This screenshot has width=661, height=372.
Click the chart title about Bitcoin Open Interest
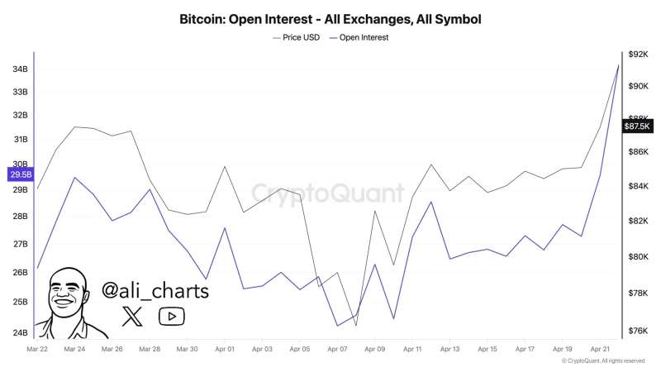(330, 18)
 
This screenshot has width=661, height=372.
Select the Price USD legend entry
(297, 37)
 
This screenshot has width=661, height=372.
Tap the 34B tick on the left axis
(20, 69)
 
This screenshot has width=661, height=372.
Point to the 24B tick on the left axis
(20, 332)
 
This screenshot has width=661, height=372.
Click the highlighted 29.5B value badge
(20, 174)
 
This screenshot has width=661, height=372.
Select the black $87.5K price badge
(637, 126)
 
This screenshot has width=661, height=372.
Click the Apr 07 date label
(337, 350)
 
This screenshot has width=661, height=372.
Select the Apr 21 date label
(600, 350)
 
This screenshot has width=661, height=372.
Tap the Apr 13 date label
(449, 350)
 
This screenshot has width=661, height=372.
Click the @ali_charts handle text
(155, 290)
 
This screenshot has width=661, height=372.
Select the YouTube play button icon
(171, 315)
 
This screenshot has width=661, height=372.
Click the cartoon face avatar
(70, 302)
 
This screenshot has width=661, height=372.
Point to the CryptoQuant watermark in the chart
(328, 193)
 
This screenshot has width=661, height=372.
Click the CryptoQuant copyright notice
(602, 361)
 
